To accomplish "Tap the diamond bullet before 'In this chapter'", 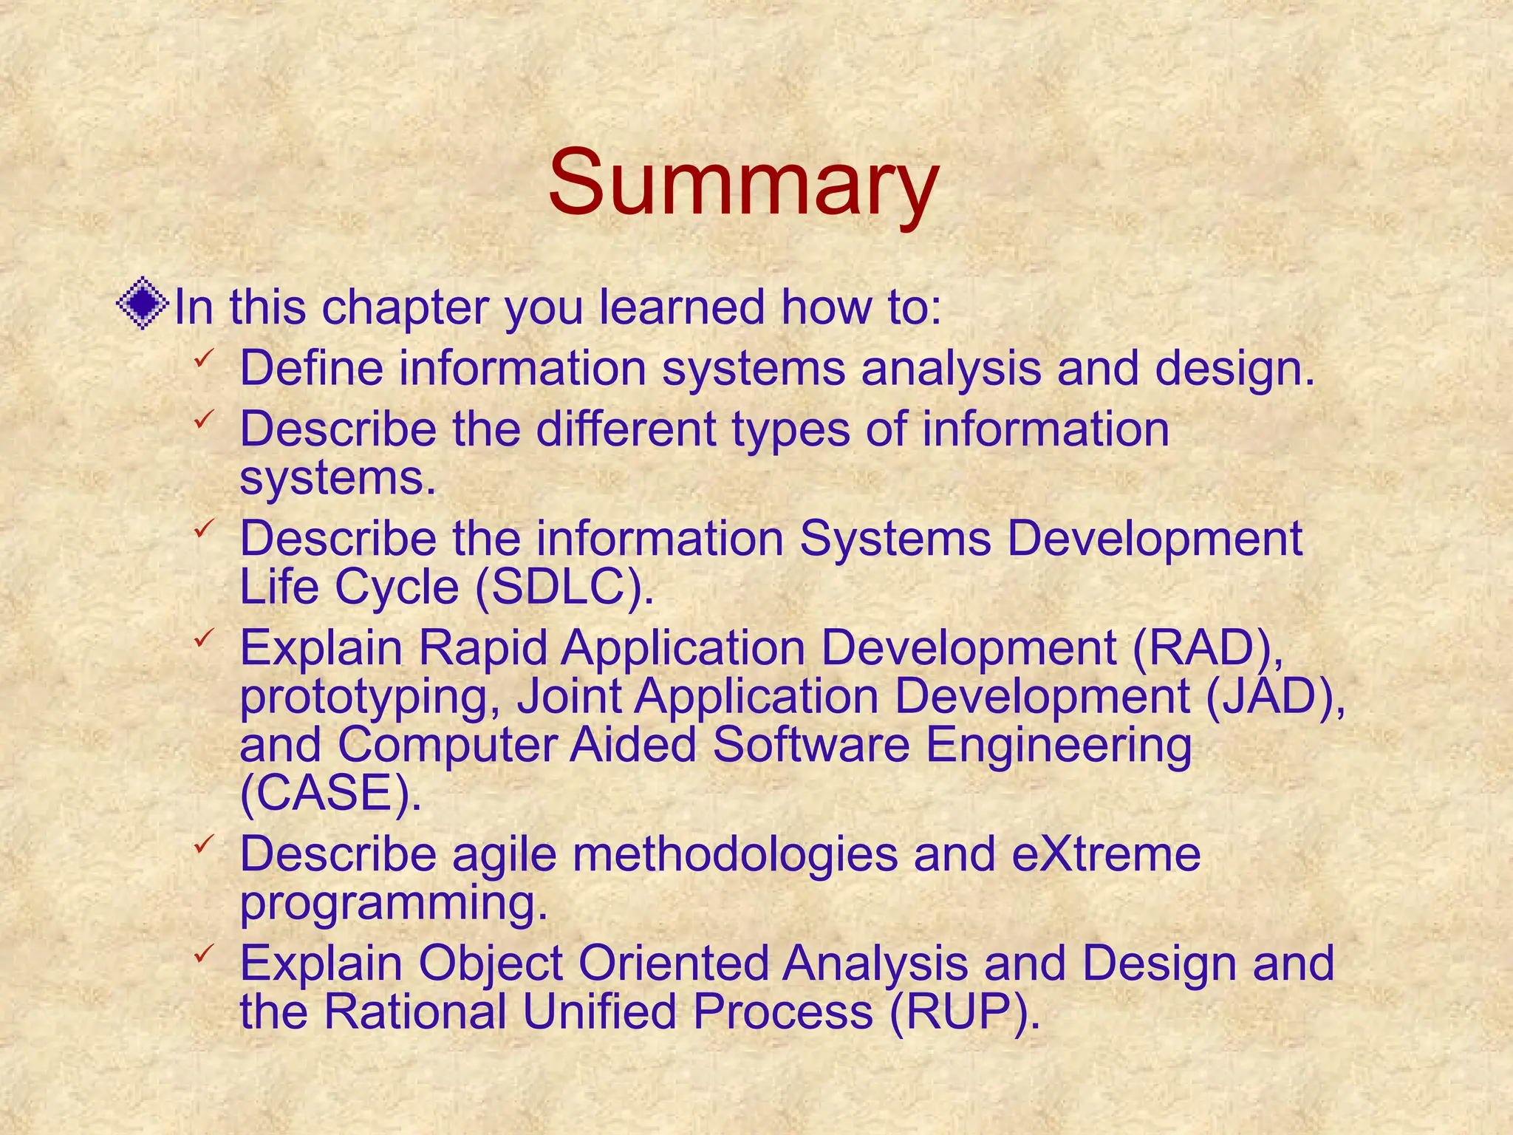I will [143, 304].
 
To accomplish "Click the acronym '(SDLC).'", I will [564, 587].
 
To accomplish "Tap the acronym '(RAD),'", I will [1209, 647].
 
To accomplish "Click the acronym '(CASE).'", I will [330, 792].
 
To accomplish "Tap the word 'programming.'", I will [394, 904].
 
